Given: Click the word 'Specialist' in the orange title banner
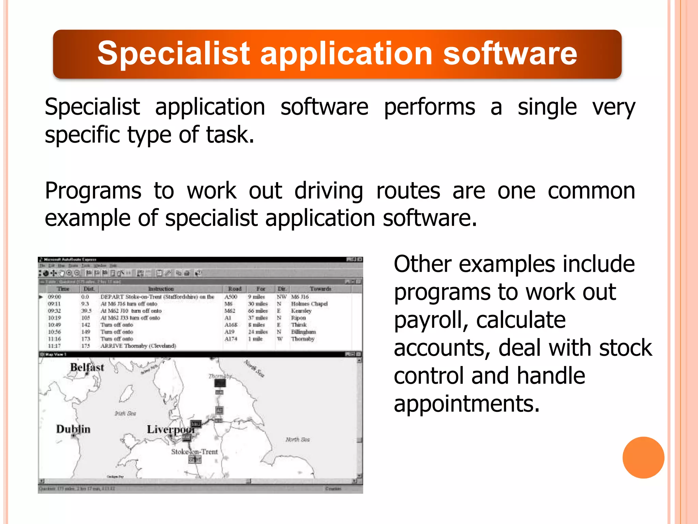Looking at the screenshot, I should coord(174,54).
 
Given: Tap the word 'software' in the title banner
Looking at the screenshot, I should coord(510,54).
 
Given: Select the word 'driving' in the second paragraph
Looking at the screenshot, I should coord(329,191).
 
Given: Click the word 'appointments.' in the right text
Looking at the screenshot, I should coord(467,404).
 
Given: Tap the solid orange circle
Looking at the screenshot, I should coord(643,457).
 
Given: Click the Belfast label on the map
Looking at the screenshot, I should coord(87,367).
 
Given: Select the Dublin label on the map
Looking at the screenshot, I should coord(73,429).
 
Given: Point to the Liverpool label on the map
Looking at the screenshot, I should coord(171,430).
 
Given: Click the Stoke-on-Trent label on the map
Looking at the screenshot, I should coord(194,452).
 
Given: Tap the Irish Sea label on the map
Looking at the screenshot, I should coord(125,413).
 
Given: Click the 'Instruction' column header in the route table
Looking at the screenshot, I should coord(161,289).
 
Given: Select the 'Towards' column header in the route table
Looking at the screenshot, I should coord(320,289).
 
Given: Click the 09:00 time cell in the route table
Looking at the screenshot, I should coord(55,297).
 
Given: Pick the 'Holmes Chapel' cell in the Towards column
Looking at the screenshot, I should coord(309,304).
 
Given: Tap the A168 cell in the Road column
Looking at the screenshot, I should coord(231,325).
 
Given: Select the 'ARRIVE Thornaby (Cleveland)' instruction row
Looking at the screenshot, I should coord(138,346).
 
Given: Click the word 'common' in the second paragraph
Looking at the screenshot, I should coord(591,191).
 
